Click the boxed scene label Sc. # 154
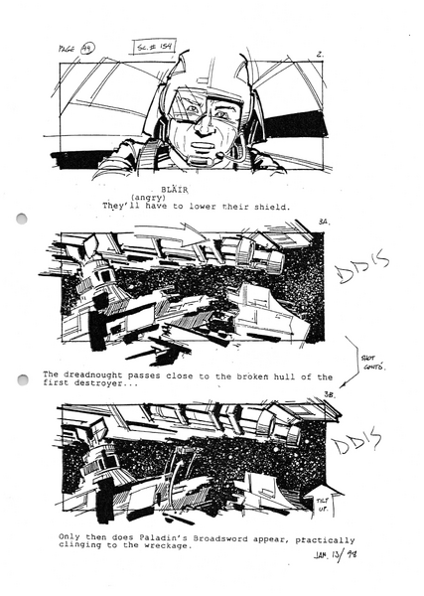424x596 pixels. point(155,46)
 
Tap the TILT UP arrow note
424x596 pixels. point(322,501)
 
